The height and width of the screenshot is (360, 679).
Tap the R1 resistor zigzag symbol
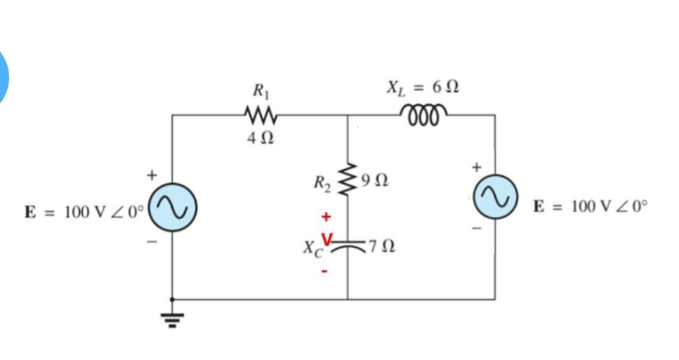(x=261, y=114)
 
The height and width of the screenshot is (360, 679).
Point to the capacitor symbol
(x=348, y=245)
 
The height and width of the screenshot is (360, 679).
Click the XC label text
(x=310, y=248)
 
